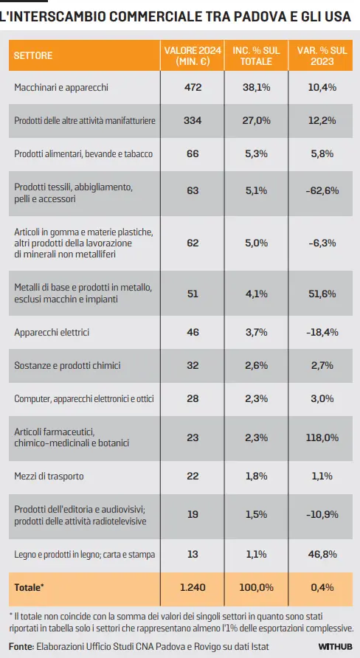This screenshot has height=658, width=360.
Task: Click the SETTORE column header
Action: (x=33, y=55)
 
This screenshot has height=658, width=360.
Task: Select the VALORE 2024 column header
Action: (x=193, y=55)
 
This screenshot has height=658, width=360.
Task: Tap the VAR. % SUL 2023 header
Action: (x=322, y=55)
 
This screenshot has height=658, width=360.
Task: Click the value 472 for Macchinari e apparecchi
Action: (x=193, y=87)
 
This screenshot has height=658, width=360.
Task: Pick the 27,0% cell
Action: (x=256, y=120)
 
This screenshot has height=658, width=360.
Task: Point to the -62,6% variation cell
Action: (x=322, y=191)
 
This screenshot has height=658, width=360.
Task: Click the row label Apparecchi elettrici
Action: (x=52, y=333)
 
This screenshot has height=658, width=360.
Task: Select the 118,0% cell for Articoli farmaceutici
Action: (x=322, y=437)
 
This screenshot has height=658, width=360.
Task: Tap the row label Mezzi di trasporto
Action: (x=49, y=476)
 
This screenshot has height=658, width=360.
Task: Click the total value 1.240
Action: (x=193, y=587)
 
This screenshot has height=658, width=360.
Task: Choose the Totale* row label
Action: (x=29, y=587)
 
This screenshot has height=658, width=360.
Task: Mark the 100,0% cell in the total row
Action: (x=256, y=587)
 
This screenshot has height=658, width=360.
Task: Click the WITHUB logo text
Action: (x=335, y=646)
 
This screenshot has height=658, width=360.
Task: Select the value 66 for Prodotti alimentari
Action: (x=193, y=153)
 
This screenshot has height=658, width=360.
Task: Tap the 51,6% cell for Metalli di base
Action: (x=322, y=294)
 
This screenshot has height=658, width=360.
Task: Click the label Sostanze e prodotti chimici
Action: (x=67, y=365)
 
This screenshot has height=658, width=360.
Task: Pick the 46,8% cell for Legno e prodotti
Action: (x=322, y=554)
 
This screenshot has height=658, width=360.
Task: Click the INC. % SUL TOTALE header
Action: (x=256, y=55)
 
